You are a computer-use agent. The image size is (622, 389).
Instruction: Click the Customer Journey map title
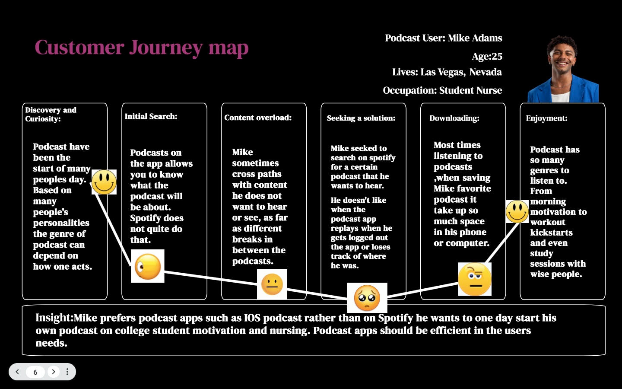pyautogui.click(x=141, y=48)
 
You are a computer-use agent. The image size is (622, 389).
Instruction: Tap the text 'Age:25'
pyautogui.click(x=487, y=57)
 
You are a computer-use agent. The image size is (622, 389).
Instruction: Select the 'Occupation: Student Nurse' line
pyautogui.click(x=442, y=90)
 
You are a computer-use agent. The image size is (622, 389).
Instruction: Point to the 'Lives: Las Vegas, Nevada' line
pyautogui.click(x=447, y=72)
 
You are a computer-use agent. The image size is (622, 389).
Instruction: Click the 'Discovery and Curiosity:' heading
pyautogui.click(x=51, y=114)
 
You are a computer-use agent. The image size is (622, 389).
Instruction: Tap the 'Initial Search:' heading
pyautogui.click(x=151, y=116)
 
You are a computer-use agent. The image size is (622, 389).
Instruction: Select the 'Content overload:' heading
pyautogui.click(x=258, y=118)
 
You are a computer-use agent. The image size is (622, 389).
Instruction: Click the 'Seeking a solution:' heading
pyautogui.click(x=361, y=118)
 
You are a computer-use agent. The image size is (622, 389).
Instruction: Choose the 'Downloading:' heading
pyautogui.click(x=454, y=118)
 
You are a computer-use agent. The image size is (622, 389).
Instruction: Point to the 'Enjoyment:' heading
pyautogui.click(x=546, y=118)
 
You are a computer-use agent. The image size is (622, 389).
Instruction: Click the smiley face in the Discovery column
pyautogui.click(x=104, y=182)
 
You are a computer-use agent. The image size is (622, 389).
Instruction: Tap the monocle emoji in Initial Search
pyautogui.click(x=148, y=266)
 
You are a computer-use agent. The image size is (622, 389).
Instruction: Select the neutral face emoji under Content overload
pyautogui.click(x=272, y=284)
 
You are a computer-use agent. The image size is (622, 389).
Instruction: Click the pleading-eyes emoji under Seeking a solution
pyautogui.click(x=367, y=298)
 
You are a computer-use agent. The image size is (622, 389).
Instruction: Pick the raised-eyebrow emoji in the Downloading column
pyautogui.click(x=474, y=279)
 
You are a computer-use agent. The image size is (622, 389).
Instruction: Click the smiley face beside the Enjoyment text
pyautogui.click(x=517, y=211)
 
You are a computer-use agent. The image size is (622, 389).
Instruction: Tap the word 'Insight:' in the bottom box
pyautogui.click(x=54, y=318)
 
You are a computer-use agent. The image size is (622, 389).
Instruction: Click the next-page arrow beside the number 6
pyautogui.click(x=54, y=372)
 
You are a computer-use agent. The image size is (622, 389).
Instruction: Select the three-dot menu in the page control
pyautogui.click(x=67, y=372)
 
